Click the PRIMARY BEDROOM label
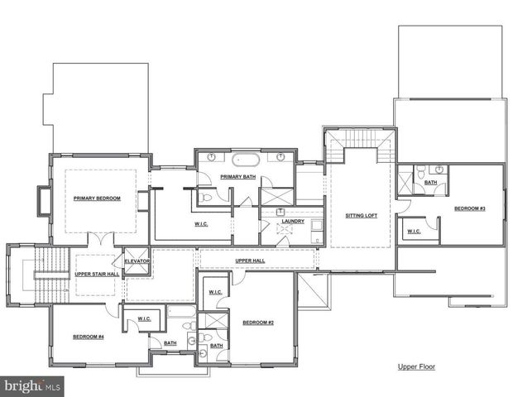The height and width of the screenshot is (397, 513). (x=97, y=198)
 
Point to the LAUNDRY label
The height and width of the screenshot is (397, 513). (x=292, y=221)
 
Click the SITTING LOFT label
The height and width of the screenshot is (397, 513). (x=361, y=216)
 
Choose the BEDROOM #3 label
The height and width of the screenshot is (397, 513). (x=469, y=208)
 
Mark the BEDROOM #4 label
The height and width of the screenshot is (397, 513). (x=87, y=337)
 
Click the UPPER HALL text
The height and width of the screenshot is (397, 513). (x=249, y=261)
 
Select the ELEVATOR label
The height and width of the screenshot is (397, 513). (x=137, y=261)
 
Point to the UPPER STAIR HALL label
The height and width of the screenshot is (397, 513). (x=96, y=273)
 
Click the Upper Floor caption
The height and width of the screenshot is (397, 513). (x=415, y=366)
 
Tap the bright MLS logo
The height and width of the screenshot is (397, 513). (x=33, y=385)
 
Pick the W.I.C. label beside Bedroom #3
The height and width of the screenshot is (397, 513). (x=413, y=232)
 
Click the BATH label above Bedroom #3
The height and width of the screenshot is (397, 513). (x=431, y=182)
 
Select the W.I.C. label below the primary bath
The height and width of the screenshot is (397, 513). (x=200, y=223)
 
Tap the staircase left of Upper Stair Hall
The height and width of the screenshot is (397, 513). (x=49, y=275)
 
